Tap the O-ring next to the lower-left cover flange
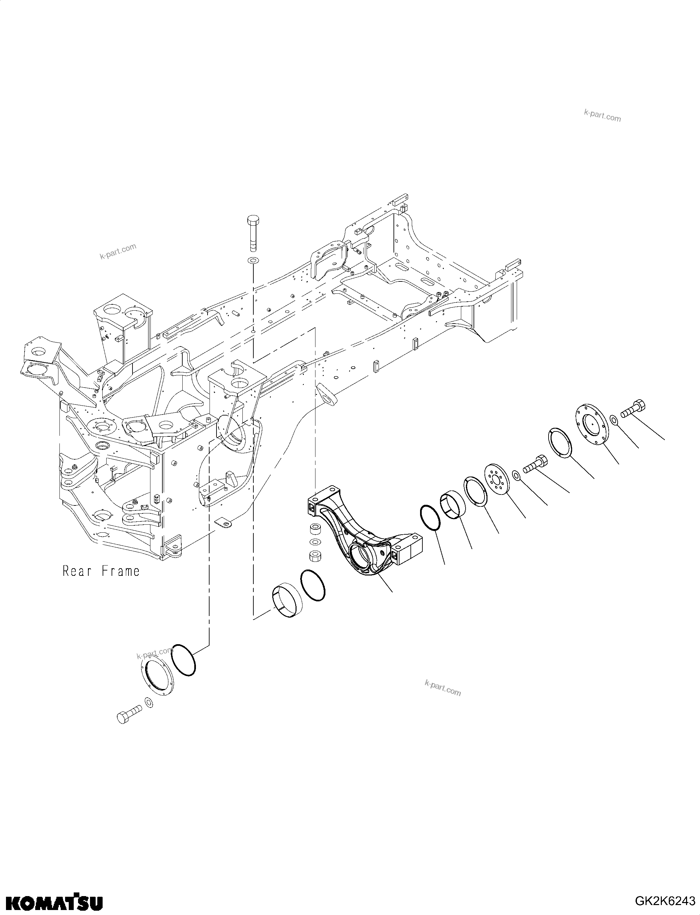[183, 660]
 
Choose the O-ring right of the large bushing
[312, 585]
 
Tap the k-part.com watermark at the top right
[602, 116]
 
